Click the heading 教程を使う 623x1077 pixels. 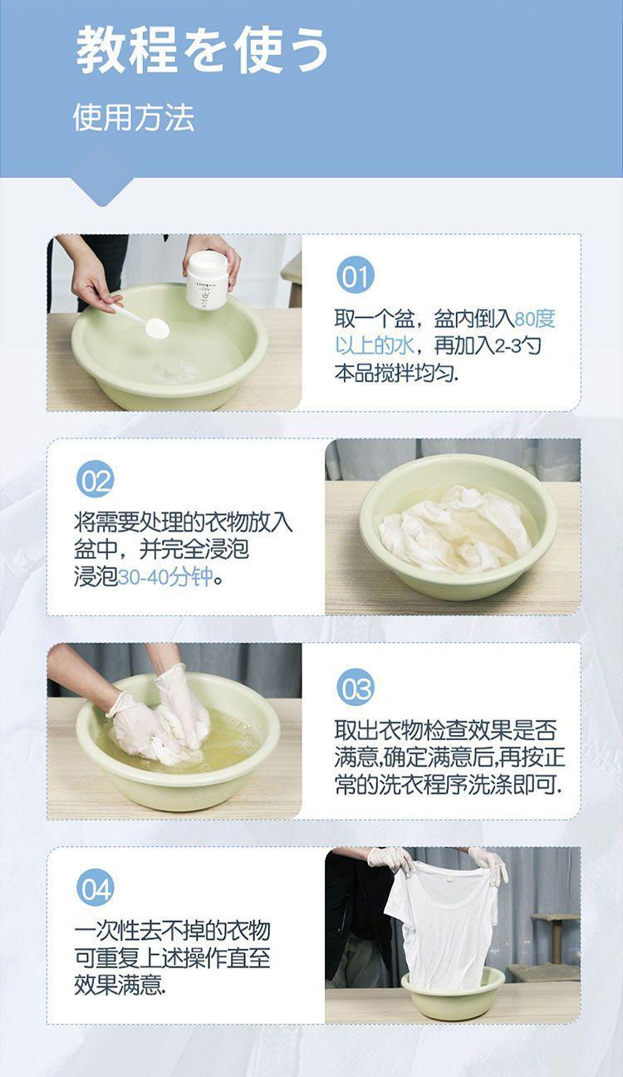pyautogui.click(x=202, y=50)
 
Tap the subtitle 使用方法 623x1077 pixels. pyautogui.click(x=133, y=118)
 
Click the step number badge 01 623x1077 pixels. pyautogui.click(x=355, y=277)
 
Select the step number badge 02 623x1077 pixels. pyautogui.click(x=96, y=479)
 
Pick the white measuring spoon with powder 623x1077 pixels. pyautogui.click(x=140, y=320)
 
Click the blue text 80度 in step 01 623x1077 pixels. pyautogui.click(x=534, y=319)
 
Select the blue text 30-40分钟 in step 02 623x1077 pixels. pyautogui.click(x=165, y=577)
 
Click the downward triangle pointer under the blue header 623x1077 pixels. pyautogui.click(x=102, y=190)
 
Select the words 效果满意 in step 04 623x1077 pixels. pyautogui.click(x=118, y=984)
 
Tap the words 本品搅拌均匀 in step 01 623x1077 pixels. pyautogui.click(x=395, y=373)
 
